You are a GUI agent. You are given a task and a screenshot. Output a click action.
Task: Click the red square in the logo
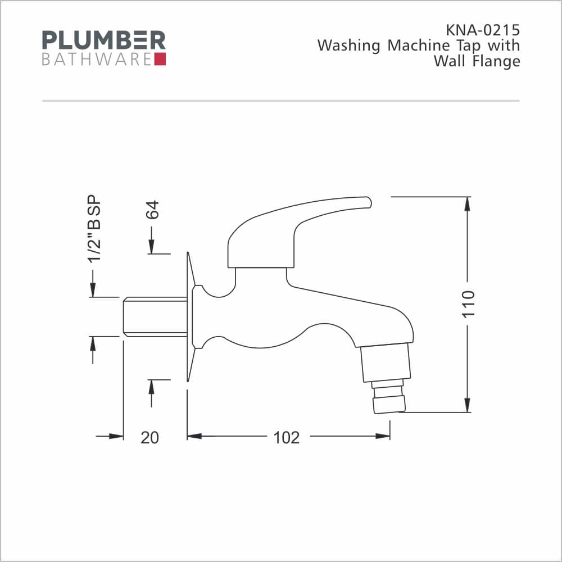[x=160, y=59]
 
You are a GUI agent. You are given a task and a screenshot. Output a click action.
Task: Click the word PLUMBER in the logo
[x=104, y=40]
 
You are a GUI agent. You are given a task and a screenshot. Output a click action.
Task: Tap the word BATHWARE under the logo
[x=97, y=60]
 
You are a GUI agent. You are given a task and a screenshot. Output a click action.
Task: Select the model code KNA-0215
[x=482, y=30]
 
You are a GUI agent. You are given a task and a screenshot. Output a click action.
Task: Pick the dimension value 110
[x=468, y=304]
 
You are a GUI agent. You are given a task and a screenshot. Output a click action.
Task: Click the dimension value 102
[x=287, y=438]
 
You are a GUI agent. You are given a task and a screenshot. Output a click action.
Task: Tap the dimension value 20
[x=149, y=438]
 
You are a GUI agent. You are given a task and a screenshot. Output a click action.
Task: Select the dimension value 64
[x=152, y=210]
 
